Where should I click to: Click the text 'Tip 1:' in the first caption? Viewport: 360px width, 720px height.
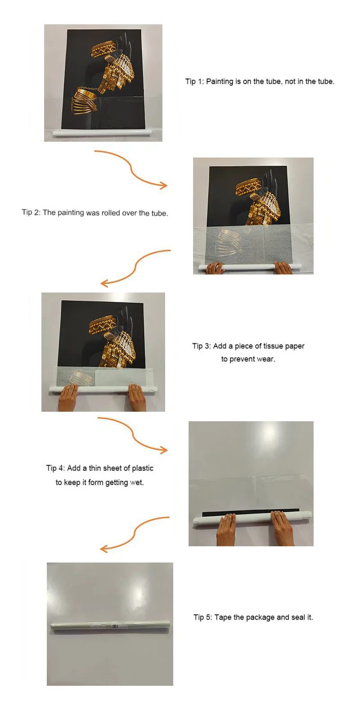click(x=194, y=81)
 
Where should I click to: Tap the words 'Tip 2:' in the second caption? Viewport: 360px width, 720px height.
click(x=31, y=212)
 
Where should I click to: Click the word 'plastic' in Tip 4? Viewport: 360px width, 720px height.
click(x=142, y=468)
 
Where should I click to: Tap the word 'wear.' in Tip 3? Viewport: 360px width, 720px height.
click(x=266, y=359)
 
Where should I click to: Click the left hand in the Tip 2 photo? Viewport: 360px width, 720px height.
click(x=214, y=268)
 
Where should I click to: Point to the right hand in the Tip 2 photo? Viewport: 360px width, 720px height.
click(x=283, y=268)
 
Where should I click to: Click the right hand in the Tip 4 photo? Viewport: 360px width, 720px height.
click(x=283, y=528)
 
